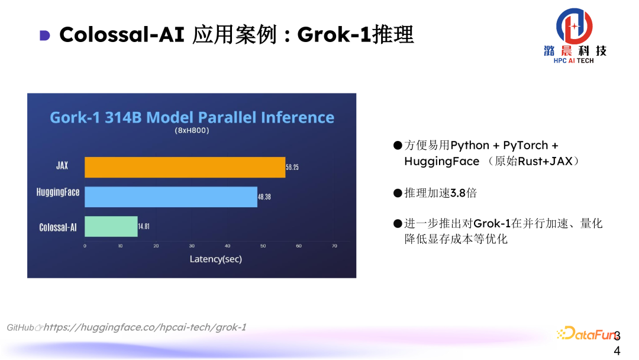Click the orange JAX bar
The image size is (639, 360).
coord(185,167)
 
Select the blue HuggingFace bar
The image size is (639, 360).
coord(171,197)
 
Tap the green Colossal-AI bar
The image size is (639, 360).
coord(111,227)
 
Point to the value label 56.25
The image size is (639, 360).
coord(292,168)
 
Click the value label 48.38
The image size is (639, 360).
coord(264,197)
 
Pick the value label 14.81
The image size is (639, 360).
coord(145,227)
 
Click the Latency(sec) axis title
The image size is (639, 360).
coord(215,259)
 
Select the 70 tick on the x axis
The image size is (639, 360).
coord(334,246)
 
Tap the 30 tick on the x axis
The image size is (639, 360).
coord(192,246)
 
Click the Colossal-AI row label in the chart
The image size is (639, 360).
coord(58,227)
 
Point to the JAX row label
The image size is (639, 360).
coord(62,166)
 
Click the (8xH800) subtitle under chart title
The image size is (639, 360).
coord(192,130)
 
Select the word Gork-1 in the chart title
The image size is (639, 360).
coord(75,117)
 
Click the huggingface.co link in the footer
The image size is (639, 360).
coord(145,327)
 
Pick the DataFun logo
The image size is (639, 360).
coord(586,333)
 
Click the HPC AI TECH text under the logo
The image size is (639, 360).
coord(573,60)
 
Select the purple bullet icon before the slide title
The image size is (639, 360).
coord(45,36)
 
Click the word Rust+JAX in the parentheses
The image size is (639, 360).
coord(544,161)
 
